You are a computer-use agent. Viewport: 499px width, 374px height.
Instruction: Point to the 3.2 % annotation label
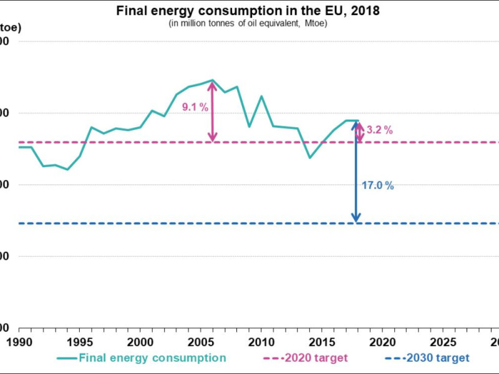pos(380,130)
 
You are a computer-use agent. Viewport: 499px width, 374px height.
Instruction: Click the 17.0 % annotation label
pos(378,185)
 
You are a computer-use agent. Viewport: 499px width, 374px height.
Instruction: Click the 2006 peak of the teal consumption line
pos(213,80)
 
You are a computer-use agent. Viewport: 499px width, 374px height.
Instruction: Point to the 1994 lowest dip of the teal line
pos(67,170)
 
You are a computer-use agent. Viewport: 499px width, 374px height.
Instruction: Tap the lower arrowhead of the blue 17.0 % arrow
pos(356,218)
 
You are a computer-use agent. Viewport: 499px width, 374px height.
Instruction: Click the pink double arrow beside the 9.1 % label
pos(213,111)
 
